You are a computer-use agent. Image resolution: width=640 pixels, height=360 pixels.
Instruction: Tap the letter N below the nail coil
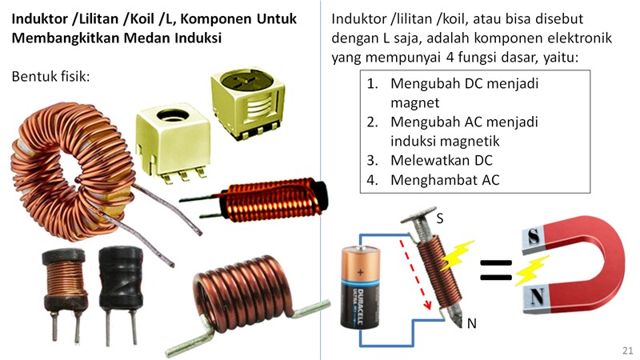point(472,323)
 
